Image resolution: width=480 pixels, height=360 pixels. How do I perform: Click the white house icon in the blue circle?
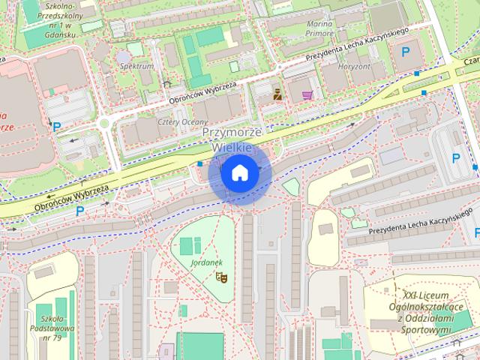[x=239, y=173]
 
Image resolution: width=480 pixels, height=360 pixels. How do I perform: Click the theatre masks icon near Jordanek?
[x=220, y=277]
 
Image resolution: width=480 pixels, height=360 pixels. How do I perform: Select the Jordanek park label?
[x=207, y=263]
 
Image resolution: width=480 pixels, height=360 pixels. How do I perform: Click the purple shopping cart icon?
[x=307, y=95]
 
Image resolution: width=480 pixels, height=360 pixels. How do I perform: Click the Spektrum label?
[x=136, y=66]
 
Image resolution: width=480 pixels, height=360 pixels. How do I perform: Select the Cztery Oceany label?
[x=178, y=122]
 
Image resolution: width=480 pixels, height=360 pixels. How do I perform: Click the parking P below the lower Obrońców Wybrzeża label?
[x=79, y=211]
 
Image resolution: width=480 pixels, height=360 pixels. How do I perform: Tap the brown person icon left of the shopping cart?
[x=276, y=94]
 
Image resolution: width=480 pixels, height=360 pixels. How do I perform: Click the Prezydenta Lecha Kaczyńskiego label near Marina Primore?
[x=356, y=46]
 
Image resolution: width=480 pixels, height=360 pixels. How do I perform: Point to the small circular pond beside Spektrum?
[x=123, y=56]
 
